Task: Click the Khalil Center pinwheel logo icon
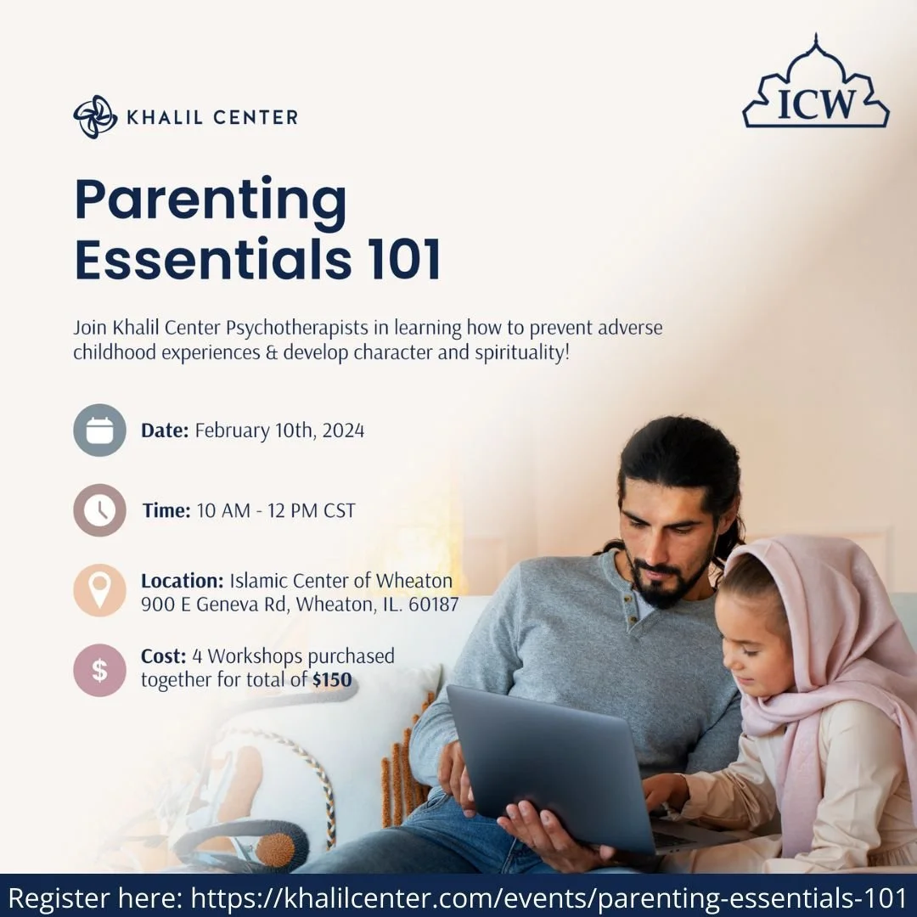coord(95,116)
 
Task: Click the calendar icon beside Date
coord(99,430)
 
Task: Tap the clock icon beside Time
coord(99,510)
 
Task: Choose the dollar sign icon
coord(99,671)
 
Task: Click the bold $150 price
coord(331,679)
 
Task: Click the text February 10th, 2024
coord(279,430)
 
